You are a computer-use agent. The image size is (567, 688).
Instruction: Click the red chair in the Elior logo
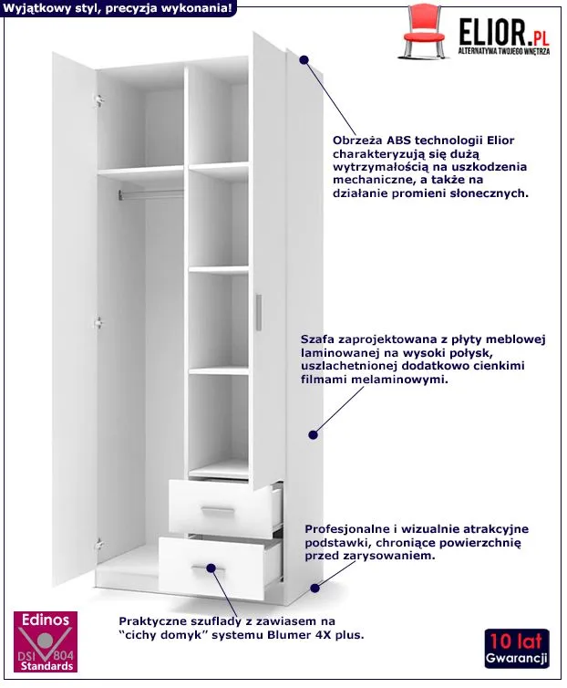pos(425,31)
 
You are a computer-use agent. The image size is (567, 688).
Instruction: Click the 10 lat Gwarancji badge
pos(517,649)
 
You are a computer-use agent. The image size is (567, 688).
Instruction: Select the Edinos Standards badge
pos(46,641)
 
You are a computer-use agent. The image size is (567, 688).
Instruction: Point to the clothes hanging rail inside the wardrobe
pos(150,194)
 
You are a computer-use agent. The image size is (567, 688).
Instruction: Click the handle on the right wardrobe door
pos(259,312)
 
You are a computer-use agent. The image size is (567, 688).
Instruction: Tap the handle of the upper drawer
pos(218,509)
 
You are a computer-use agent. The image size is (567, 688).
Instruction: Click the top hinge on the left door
pos(99,101)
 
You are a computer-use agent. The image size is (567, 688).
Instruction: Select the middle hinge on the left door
pos(98,323)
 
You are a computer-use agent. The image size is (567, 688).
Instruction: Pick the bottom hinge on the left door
pos(98,545)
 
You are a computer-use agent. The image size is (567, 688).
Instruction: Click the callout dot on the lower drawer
pos(211,568)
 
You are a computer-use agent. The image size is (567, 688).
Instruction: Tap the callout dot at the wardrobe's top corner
pos(304,59)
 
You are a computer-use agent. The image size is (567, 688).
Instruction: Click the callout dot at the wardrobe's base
pos(314,588)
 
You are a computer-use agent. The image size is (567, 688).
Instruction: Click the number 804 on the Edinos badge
pos(63,655)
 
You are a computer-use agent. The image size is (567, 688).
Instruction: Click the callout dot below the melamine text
pos(313,435)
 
